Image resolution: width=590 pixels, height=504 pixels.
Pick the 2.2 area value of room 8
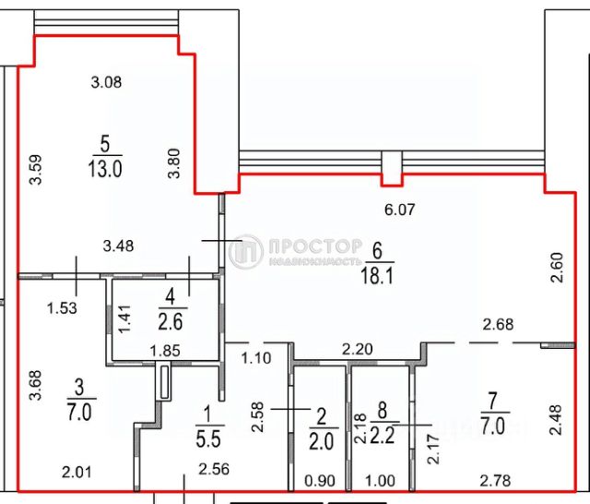[x=379, y=434]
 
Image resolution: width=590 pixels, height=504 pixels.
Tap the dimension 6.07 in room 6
[x=401, y=210]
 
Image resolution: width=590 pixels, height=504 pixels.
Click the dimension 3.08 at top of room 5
[x=107, y=81]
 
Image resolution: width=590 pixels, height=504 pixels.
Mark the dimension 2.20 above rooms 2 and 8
[x=360, y=350]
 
